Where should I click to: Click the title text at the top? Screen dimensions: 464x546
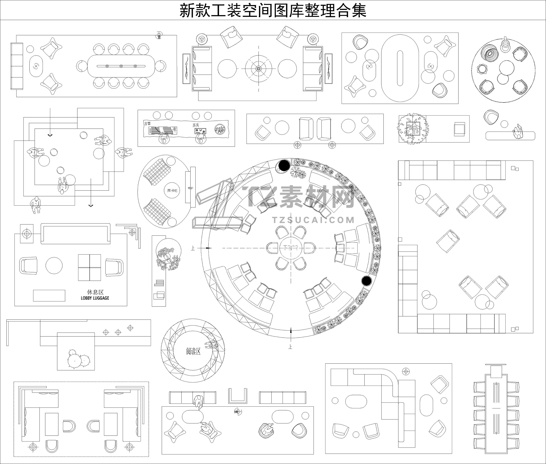click(273, 10)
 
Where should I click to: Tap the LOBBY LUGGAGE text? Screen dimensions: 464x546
click(95, 298)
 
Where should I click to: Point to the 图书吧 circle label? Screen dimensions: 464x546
click(173, 190)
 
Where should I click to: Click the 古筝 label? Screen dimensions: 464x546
click(147, 123)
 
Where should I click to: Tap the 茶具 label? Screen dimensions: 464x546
click(196, 125)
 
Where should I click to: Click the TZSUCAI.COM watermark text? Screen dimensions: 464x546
click(313, 220)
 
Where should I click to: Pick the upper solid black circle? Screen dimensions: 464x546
click(284, 165)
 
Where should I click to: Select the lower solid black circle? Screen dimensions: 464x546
click(366, 281)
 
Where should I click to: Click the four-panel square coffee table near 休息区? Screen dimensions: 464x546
click(89, 267)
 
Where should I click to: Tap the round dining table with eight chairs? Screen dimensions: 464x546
click(291, 248)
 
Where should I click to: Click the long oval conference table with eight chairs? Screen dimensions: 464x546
click(121, 66)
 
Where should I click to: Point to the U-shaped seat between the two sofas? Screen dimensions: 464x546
click(237, 396)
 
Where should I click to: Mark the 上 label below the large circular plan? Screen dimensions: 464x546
click(290, 347)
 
